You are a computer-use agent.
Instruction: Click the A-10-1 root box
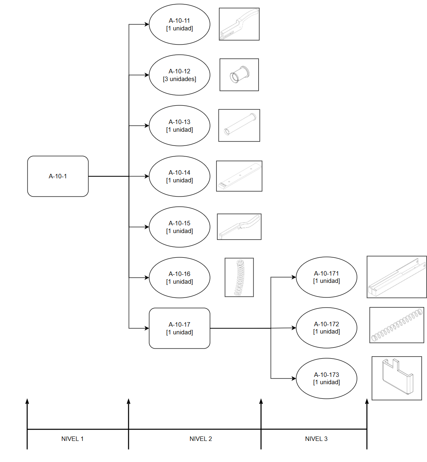click(58, 176)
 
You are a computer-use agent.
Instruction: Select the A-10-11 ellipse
click(180, 24)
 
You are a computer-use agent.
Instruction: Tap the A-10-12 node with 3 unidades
click(180, 75)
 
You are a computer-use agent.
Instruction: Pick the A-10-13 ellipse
click(180, 126)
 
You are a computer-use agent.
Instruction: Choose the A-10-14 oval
click(180, 176)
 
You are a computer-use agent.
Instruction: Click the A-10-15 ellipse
click(180, 227)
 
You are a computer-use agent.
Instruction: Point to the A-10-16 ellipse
click(180, 278)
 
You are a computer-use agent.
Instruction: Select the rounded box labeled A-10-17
click(180, 328)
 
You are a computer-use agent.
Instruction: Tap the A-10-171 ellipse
click(326, 277)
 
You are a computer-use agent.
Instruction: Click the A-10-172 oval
click(326, 327)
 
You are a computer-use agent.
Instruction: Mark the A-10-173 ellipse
click(326, 379)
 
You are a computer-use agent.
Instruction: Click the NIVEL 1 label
click(73, 439)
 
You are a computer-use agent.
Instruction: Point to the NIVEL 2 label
click(201, 439)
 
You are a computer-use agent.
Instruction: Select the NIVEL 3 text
click(316, 439)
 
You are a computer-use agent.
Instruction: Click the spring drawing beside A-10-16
click(239, 277)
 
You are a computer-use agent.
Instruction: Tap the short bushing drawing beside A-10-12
click(239, 75)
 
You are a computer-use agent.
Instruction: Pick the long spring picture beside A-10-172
click(397, 325)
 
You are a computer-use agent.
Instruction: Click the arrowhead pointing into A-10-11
click(146, 24)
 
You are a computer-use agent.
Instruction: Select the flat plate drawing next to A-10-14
click(239, 176)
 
